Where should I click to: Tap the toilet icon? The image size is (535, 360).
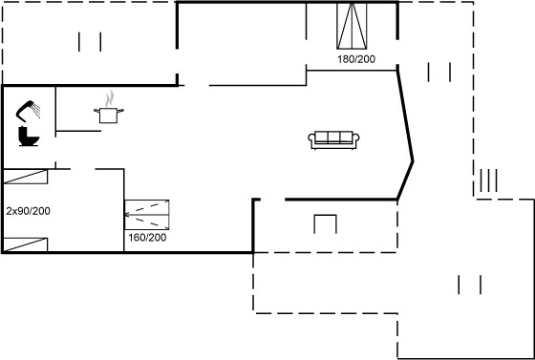pyautogui.click(x=29, y=136)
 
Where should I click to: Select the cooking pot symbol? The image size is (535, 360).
pyautogui.click(x=109, y=115)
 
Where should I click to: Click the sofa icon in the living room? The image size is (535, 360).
pyautogui.click(x=333, y=139)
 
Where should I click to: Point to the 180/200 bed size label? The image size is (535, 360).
pyautogui.click(x=356, y=59)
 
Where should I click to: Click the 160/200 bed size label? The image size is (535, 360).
pyautogui.click(x=147, y=237)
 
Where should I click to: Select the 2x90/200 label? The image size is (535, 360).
pyautogui.click(x=28, y=211)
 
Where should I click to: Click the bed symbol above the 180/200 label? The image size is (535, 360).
pyautogui.click(x=352, y=26)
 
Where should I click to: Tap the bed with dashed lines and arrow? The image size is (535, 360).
pyautogui.click(x=147, y=215)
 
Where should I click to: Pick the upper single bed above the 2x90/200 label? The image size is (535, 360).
pyautogui.click(x=25, y=177)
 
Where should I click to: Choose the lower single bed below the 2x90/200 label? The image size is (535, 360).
pyautogui.click(x=25, y=244)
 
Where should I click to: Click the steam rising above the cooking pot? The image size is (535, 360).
pyautogui.click(x=109, y=98)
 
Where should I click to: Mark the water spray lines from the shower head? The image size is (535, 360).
pyautogui.click(x=36, y=111)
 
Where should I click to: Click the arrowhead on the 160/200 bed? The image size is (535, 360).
pyautogui.click(x=127, y=215)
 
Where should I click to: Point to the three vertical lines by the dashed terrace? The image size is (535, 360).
pyautogui.click(x=488, y=180)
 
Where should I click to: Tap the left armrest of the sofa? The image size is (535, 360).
pyautogui.click(x=311, y=139)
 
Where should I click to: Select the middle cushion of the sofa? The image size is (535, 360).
pyautogui.click(x=333, y=137)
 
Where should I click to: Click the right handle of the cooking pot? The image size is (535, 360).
pyautogui.click(x=120, y=110)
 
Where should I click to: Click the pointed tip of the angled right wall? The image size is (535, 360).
pyautogui.click(x=413, y=161)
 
